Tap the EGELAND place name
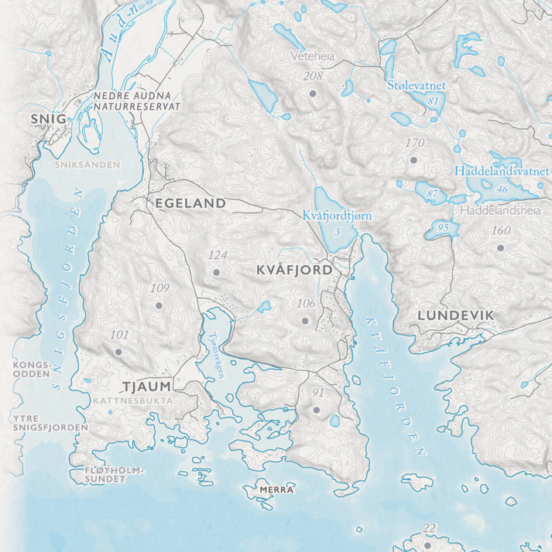click(190, 203)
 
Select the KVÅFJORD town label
click(294, 271)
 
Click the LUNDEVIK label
click(455, 315)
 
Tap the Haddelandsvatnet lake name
click(502, 172)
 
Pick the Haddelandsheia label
click(499, 210)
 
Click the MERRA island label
click(276, 490)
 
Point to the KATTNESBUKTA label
click(133, 401)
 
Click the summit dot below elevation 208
click(314, 93)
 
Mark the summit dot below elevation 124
click(217, 272)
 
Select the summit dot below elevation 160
click(501, 247)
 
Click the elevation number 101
click(119, 335)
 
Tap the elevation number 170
click(415, 143)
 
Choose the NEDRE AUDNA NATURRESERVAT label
click(136, 101)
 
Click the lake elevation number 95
click(443, 227)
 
